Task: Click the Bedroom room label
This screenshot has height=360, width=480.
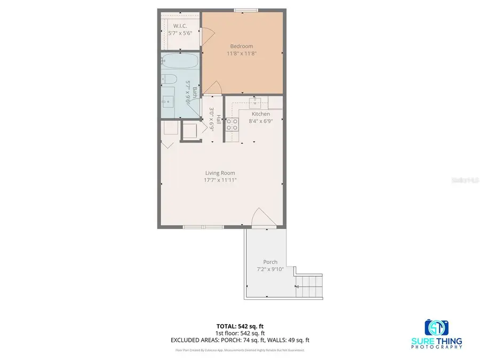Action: point(241,46)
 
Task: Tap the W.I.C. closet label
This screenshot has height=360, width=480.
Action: point(179,26)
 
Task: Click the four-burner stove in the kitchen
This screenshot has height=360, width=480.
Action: point(233,124)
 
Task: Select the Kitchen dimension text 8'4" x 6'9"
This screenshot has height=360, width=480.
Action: point(261,122)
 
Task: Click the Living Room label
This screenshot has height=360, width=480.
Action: point(220,173)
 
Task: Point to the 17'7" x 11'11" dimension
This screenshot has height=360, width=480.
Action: point(220,180)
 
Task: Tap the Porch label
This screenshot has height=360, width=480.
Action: point(270,262)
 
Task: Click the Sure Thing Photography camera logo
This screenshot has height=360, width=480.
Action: point(437,327)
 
